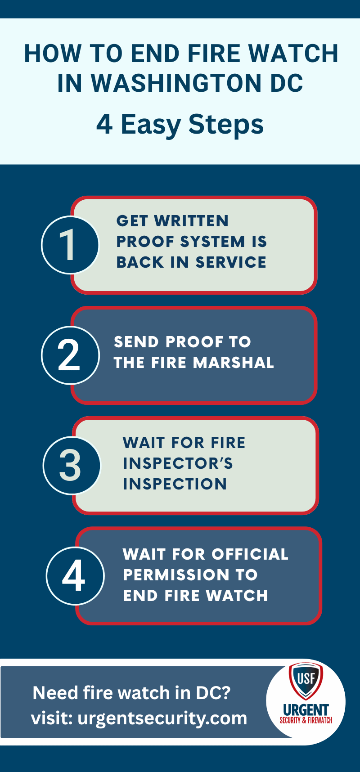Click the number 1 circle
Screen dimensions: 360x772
70,245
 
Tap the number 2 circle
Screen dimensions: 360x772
70,355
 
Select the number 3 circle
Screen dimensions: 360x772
72,466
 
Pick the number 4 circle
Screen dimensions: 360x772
75,576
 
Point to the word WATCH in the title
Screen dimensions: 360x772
293,54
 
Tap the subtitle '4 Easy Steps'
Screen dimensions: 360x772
180,125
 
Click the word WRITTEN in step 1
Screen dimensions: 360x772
191,221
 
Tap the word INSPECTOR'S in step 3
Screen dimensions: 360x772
178,463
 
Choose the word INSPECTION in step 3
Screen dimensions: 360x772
175,484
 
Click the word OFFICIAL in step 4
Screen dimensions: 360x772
250,554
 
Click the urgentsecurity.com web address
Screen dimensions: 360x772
162,718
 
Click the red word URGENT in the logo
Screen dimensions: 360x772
306,710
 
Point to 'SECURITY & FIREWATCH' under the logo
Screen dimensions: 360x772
306,720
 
